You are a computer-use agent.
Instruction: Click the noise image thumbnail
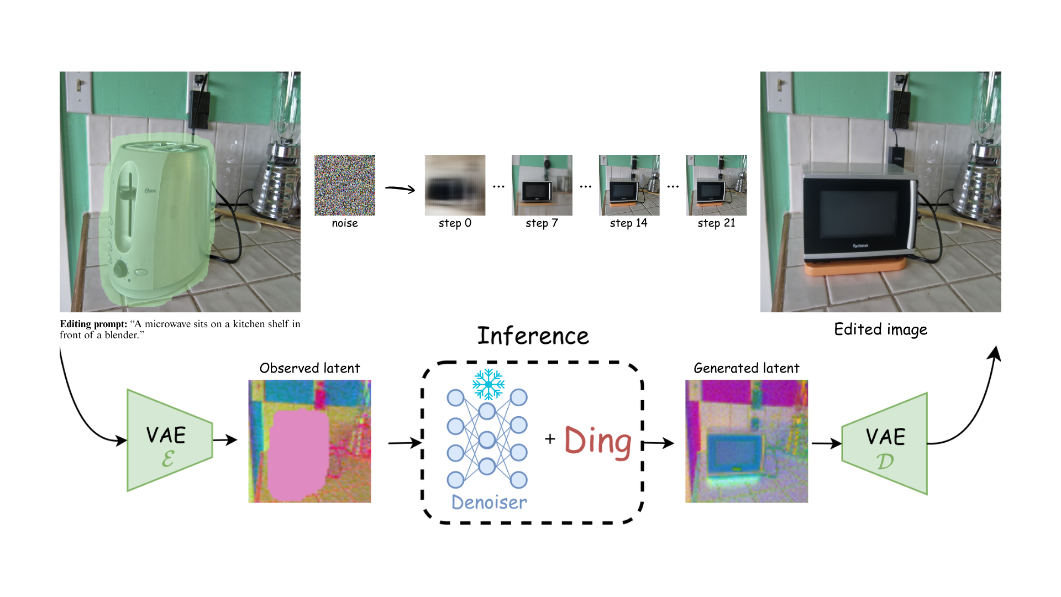(x=345, y=185)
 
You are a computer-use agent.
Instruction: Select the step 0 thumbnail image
(x=455, y=185)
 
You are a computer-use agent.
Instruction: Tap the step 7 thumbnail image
(x=542, y=185)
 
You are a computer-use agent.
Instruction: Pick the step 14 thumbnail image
(x=629, y=185)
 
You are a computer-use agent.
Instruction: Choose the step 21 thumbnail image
(x=716, y=185)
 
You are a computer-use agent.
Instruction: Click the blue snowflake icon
(x=489, y=384)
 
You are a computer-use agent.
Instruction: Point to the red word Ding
(x=598, y=442)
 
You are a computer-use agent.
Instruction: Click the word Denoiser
(x=489, y=502)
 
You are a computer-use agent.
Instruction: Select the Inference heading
(x=533, y=336)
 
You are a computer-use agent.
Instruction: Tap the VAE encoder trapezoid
(x=167, y=441)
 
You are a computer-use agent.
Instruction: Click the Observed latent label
(x=309, y=368)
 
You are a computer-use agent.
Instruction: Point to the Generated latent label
(x=746, y=368)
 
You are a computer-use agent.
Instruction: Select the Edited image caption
(x=880, y=329)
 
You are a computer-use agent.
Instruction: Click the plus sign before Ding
(x=550, y=439)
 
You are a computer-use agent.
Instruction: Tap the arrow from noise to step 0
(x=400, y=189)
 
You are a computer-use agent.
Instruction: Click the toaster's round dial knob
(x=120, y=270)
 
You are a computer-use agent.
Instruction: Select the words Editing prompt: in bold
(x=93, y=324)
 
